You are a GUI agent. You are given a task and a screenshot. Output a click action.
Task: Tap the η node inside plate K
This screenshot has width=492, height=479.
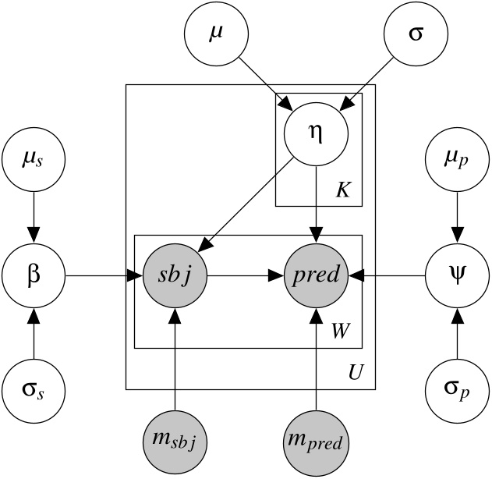coord(315,132)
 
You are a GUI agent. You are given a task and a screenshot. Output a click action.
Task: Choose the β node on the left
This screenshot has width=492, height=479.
coord(33,275)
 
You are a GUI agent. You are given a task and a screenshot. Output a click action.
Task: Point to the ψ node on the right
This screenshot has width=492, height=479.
coord(457,275)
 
